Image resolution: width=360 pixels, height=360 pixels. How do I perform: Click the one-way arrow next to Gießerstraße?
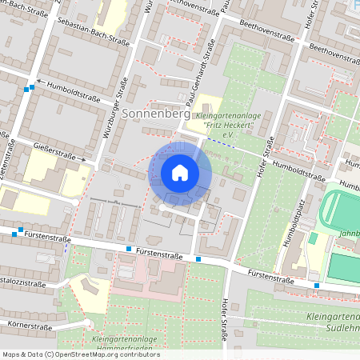[82, 158]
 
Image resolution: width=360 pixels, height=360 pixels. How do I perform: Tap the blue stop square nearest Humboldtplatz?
[317, 285]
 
